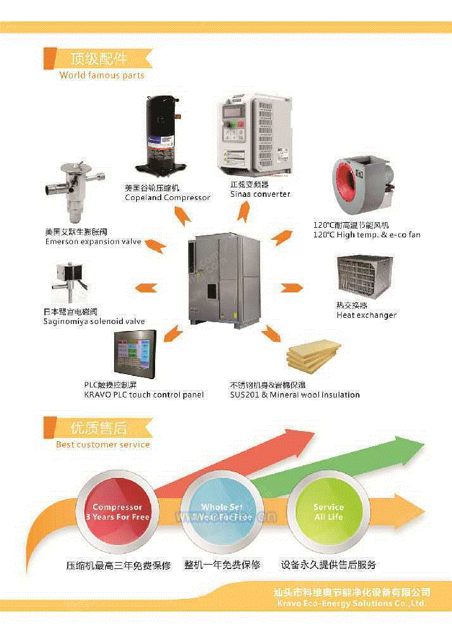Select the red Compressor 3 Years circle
[x=118, y=512]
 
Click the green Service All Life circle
[x=328, y=512]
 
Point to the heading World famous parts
[x=102, y=75]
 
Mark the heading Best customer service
[x=103, y=444]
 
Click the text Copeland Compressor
[x=167, y=197]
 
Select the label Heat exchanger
[x=367, y=315]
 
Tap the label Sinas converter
[x=260, y=194]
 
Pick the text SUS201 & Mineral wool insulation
[x=294, y=395]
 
